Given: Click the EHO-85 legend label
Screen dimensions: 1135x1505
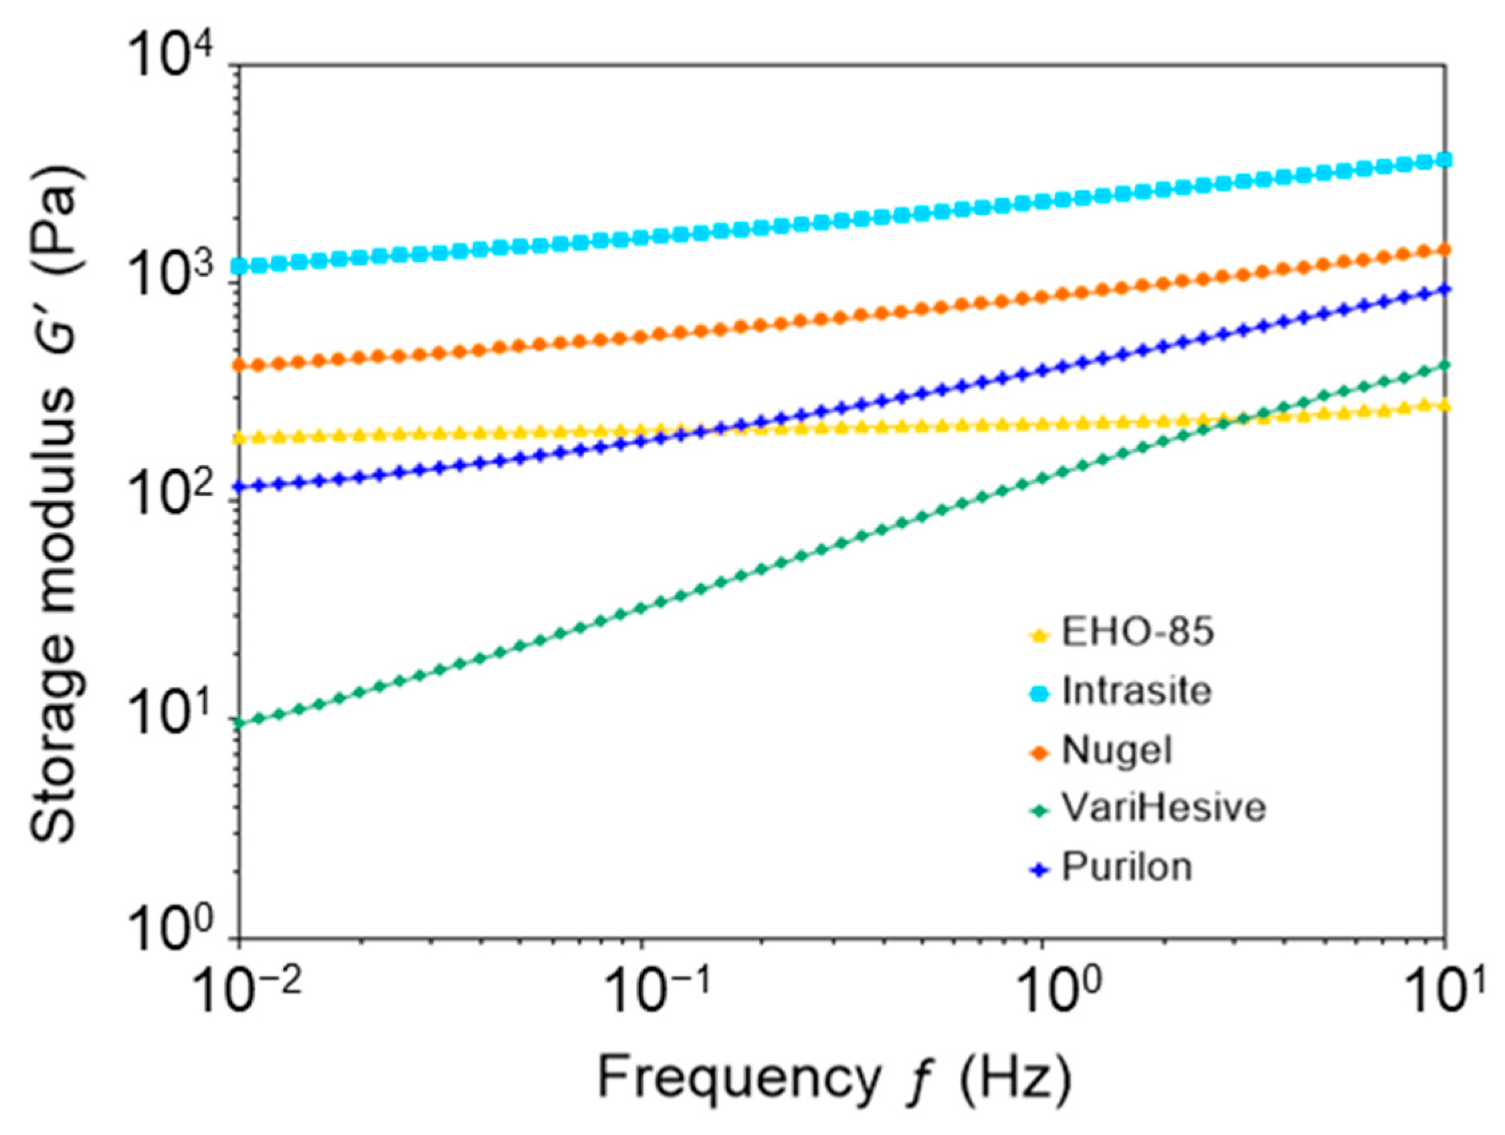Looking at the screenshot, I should [x=1138, y=632].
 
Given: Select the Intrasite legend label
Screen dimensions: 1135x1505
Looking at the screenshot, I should [x=1137, y=692].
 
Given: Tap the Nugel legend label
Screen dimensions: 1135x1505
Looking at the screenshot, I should [x=1117, y=751].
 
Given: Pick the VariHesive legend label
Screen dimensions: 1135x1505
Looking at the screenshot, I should [x=1163, y=808].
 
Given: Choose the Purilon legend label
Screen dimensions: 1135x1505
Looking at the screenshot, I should [x=1126, y=868].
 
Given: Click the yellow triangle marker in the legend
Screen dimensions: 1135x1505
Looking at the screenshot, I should [x=1038, y=635].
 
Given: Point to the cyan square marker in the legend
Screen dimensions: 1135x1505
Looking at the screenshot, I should [x=1038, y=693].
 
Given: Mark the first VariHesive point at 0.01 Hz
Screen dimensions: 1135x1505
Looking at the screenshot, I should [x=239, y=722].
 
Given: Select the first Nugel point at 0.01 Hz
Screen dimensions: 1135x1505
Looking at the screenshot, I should [x=239, y=366].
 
